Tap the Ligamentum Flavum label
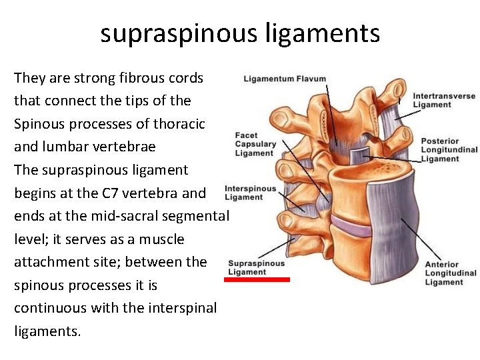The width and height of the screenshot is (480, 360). [x=285, y=79]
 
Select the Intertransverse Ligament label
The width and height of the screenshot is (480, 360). [x=444, y=100]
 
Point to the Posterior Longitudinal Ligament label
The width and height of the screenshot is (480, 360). [x=449, y=150]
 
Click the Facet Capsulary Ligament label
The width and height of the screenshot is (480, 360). [x=255, y=144]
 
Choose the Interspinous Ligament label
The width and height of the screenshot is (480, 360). [x=250, y=193]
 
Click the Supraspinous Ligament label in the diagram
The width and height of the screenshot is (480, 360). [x=256, y=267]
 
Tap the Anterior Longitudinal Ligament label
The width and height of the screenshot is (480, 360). [x=450, y=273]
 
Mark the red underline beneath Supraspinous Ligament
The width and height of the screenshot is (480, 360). [x=257, y=280]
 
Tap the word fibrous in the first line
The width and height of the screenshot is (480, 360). [x=127, y=78]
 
